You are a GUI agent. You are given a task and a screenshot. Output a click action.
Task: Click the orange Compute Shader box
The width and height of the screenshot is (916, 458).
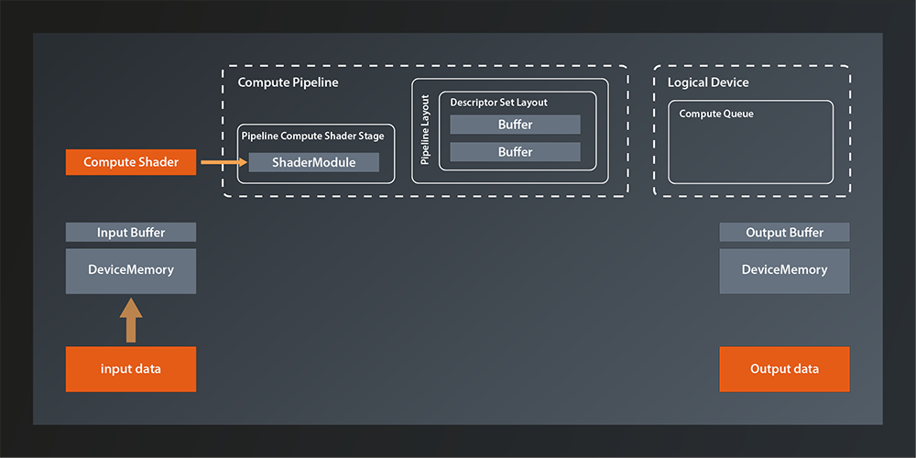click(x=131, y=163)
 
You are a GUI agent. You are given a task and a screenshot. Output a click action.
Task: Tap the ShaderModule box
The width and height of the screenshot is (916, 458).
click(x=313, y=163)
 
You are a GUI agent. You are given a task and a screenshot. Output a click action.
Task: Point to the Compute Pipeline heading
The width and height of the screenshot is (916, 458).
click(x=288, y=82)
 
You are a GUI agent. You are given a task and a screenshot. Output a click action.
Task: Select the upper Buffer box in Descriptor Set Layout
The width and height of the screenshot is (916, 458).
click(x=515, y=125)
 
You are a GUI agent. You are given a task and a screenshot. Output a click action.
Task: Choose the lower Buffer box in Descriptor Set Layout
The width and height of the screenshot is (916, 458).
click(x=515, y=152)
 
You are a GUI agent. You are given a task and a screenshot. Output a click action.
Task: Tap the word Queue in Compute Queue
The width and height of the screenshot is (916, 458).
click(x=737, y=114)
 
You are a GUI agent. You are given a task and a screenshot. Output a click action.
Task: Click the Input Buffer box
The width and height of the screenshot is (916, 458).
click(x=131, y=233)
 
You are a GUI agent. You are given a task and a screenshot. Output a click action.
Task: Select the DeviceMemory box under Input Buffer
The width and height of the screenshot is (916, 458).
click(x=131, y=270)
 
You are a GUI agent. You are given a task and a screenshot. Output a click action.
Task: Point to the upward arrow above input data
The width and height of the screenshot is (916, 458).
click(x=131, y=320)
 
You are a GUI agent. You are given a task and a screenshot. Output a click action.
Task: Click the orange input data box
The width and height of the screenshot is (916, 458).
click(x=131, y=369)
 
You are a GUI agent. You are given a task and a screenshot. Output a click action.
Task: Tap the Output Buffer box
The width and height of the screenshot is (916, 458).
click(x=784, y=233)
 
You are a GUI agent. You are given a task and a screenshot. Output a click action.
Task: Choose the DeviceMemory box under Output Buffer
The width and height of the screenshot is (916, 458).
click(x=784, y=270)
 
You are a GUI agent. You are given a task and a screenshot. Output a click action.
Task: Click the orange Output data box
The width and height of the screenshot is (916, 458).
click(x=784, y=369)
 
